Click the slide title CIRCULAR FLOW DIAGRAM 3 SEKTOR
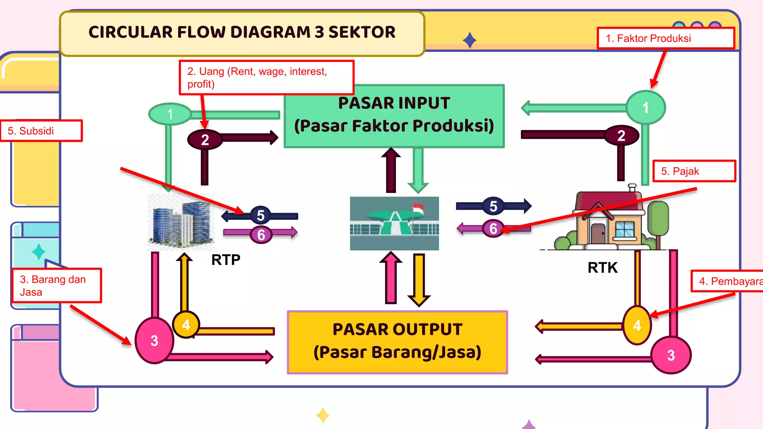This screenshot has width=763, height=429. coord(242,32)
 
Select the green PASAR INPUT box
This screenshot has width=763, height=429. coord(394,116)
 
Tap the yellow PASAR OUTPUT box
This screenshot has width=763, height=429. coord(397,342)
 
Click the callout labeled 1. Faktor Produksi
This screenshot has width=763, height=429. coord(665,38)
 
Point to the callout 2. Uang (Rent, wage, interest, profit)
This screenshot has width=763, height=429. coord(266,77)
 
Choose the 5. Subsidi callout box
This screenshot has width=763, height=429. coord(41,131)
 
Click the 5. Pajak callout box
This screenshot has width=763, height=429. coord(694,171)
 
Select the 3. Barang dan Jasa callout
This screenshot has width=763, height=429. coord(56,286)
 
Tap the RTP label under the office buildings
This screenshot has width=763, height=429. coord(226,260)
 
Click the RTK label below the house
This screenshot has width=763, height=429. coord(602,267)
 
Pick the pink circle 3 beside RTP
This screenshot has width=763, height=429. coord(154,340)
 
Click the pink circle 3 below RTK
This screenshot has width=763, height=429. coord(671,355)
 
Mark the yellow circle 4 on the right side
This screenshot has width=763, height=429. coord(637,325)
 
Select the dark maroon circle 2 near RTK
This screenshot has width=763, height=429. coord(621,136)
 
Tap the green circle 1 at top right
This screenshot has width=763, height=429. coord(645,108)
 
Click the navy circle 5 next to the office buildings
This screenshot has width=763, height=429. coord(261,215)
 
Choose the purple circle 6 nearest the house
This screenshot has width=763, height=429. coord(493,228)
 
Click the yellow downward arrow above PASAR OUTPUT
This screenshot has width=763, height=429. coord(419,279)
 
